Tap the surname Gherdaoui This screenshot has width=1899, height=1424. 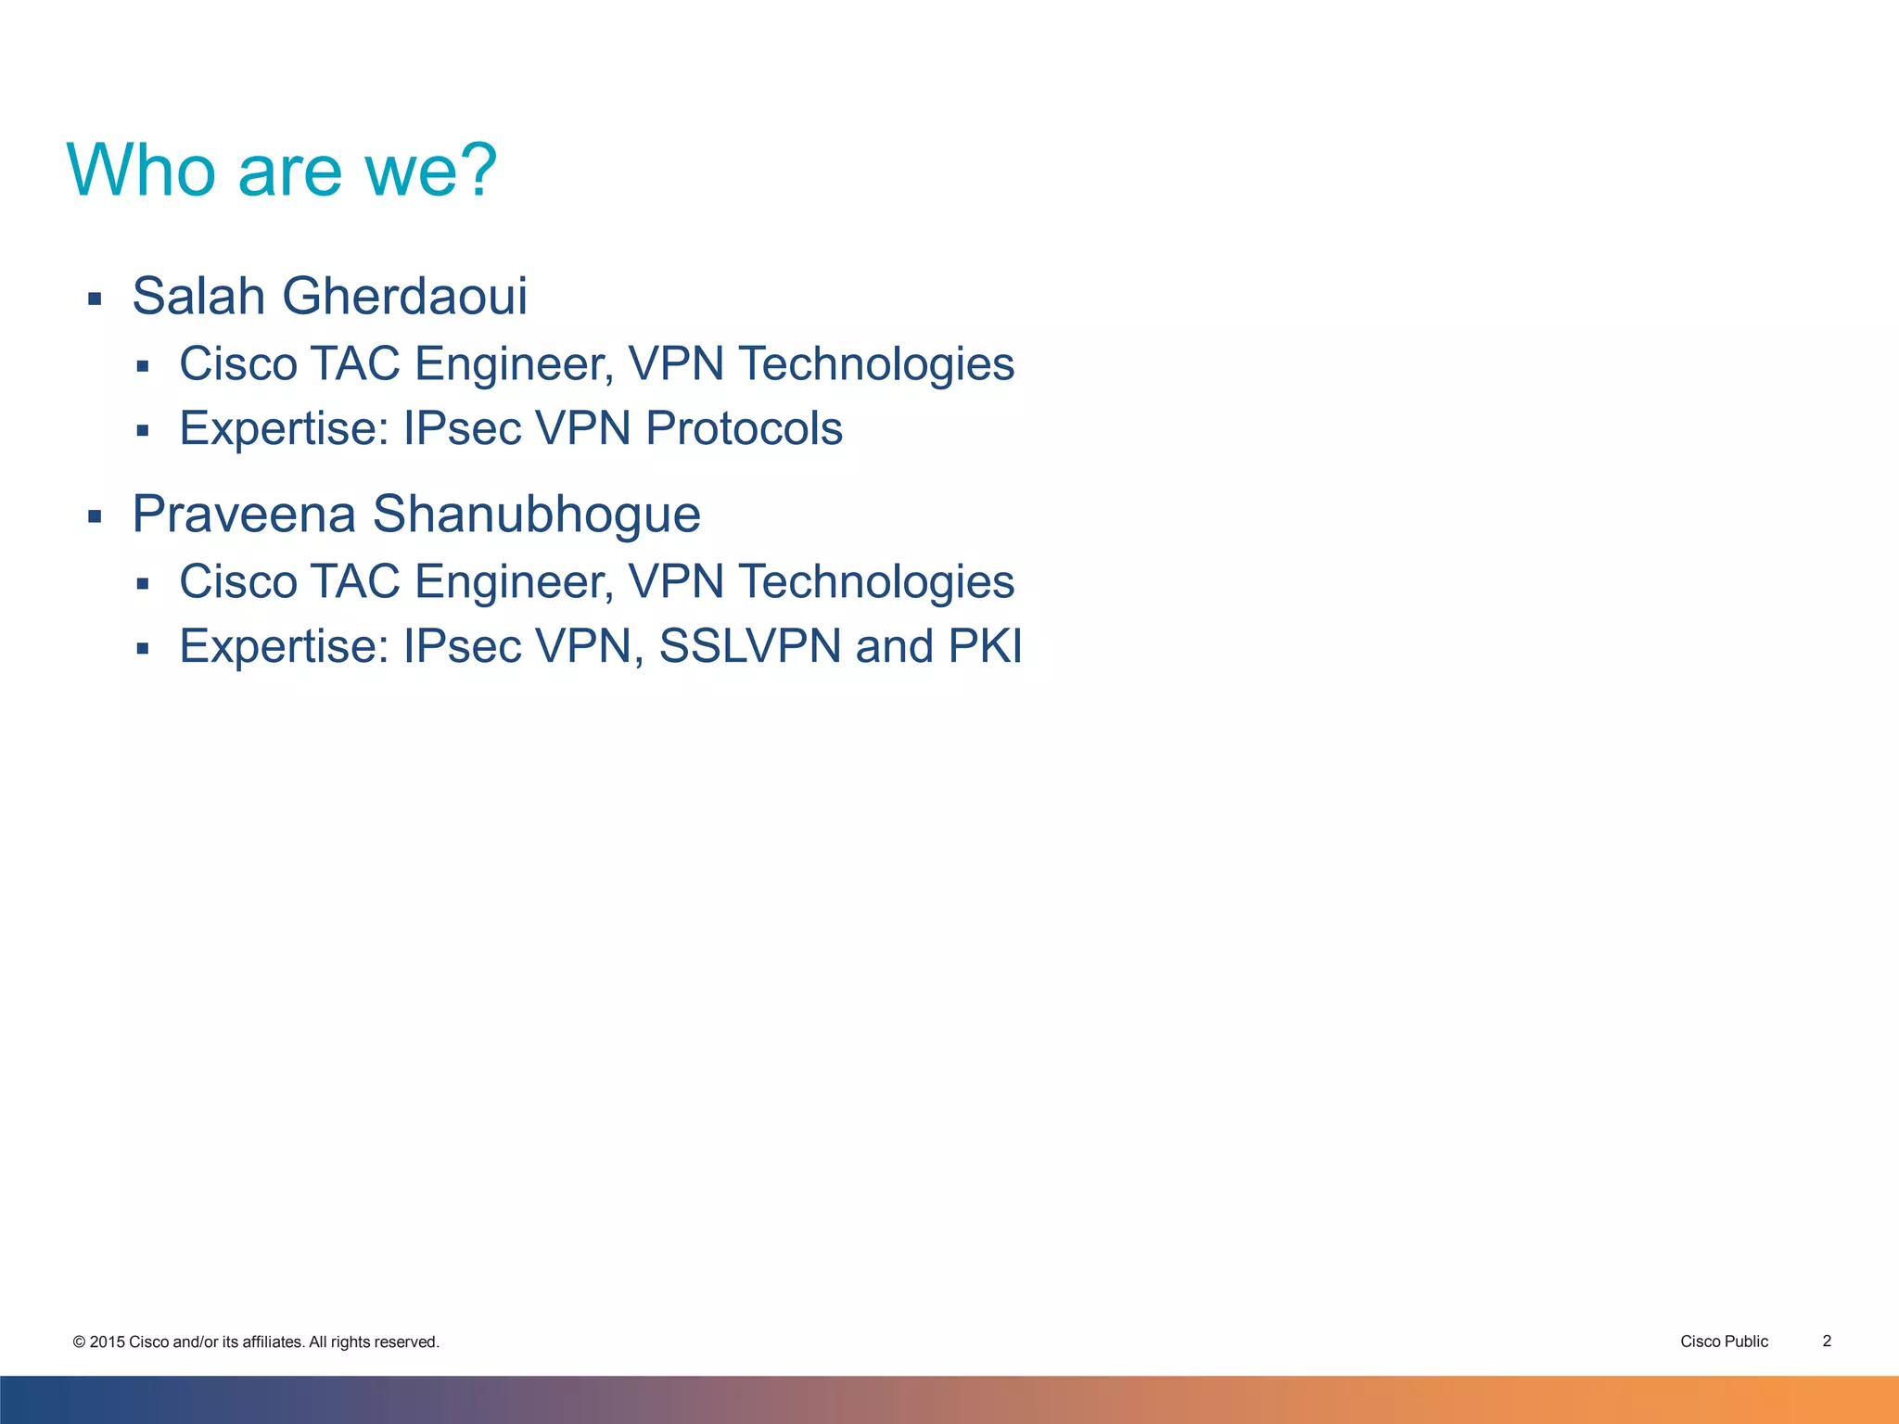(x=404, y=296)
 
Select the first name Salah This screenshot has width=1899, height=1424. (x=198, y=296)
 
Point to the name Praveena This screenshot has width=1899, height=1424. (x=244, y=514)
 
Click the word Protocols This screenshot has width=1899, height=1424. (x=744, y=428)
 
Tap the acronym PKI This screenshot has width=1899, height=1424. (x=985, y=646)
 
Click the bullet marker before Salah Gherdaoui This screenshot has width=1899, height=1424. (x=94, y=299)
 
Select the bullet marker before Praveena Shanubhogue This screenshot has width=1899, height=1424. (x=94, y=516)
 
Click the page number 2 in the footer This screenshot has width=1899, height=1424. (x=1827, y=1341)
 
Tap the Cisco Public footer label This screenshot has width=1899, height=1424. (x=1724, y=1341)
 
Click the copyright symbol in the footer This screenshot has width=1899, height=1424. (x=79, y=1342)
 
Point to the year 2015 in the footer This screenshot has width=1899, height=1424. (x=107, y=1342)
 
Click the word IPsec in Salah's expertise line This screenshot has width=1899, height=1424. (x=462, y=428)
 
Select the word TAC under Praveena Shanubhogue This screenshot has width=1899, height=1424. (x=354, y=581)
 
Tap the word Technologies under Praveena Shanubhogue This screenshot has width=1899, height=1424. (x=876, y=581)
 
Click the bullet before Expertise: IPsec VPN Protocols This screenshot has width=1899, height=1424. (x=142, y=430)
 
